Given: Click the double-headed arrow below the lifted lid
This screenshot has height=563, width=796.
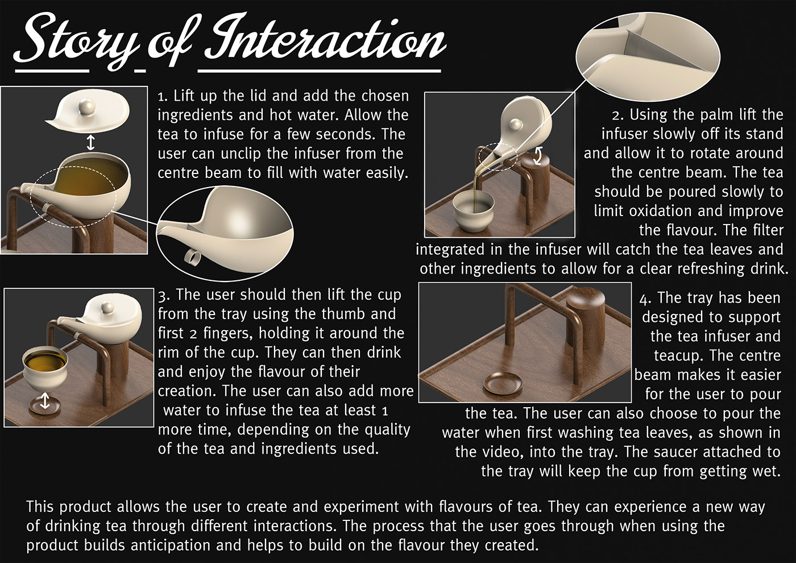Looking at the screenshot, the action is [x=91, y=142].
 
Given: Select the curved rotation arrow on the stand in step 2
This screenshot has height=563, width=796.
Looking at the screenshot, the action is [x=538, y=156].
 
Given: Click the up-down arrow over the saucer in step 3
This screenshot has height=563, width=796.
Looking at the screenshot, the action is [x=45, y=400].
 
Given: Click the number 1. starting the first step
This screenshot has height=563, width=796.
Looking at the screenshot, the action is [x=163, y=96].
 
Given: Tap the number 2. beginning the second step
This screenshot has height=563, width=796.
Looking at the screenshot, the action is [x=619, y=115].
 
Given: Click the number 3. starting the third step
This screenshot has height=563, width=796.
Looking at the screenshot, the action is [x=164, y=295].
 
